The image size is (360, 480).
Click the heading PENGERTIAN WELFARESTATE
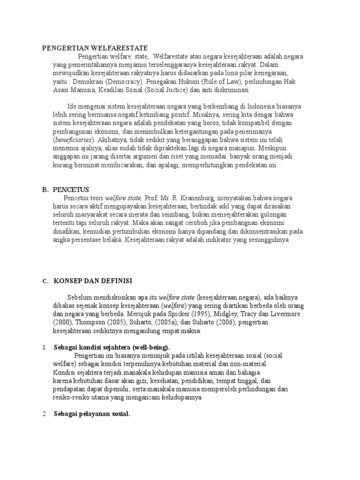pos(95,48)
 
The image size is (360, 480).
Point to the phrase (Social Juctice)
pos(164,89)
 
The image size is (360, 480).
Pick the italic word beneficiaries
pos(74,140)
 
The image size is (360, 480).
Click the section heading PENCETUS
pos(72,189)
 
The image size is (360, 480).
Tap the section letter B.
pos(45,189)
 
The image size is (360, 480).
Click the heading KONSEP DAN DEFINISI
pos(93,280)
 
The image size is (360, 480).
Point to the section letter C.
pos(45,281)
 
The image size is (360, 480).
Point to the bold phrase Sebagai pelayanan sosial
pos(92,414)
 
